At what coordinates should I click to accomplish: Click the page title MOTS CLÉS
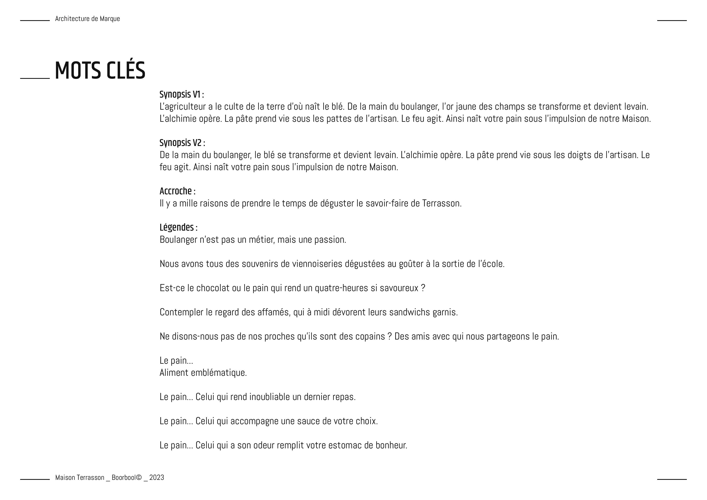point(100,71)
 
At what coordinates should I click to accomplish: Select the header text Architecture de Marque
point(87,19)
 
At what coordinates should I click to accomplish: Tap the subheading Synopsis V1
point(181,94)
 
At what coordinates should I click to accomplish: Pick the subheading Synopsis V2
point(182,143)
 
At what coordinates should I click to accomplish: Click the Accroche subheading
point(177,191)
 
